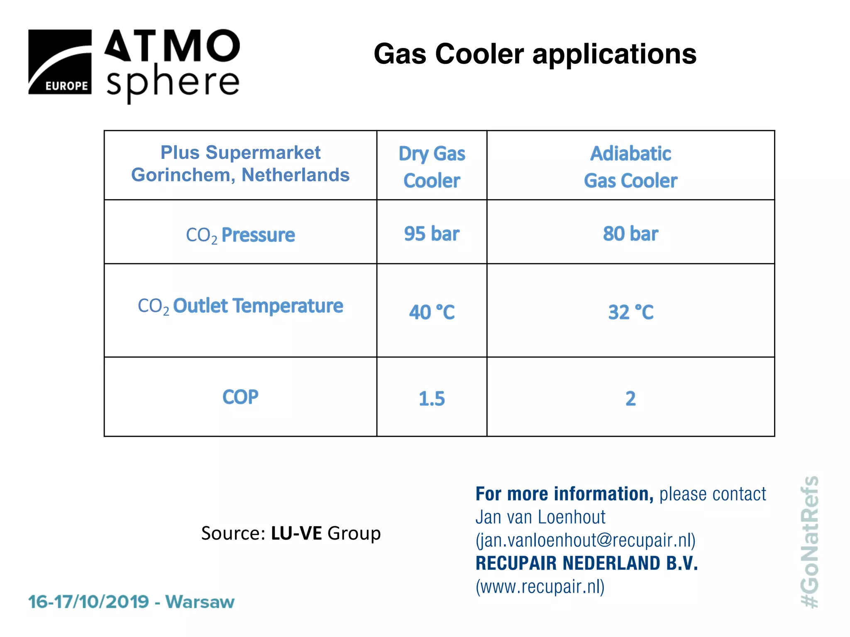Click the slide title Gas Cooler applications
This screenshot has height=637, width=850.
coord(535,54)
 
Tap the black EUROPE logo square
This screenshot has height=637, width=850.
coord(60,62)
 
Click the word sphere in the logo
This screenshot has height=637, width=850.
coord(173,82)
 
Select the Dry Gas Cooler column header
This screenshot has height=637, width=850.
coord(432,167)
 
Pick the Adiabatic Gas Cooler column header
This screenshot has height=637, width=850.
coord(630,167)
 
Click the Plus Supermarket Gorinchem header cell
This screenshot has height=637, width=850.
coord(240,164)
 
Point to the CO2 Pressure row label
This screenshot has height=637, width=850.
coord(240,235)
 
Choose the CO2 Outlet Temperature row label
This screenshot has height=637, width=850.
coord(240,306)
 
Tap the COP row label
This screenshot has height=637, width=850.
coord(240,397)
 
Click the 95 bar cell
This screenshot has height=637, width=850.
coord(432,233)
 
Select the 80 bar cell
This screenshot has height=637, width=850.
coord(630,233)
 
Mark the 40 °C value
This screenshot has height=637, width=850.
coord(432,312)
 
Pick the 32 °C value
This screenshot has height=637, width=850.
coord(630,312)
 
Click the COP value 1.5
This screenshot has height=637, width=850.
coord(432,399)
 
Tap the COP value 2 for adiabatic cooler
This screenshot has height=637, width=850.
coord(630,399)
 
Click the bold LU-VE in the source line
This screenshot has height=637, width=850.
coord(296,533)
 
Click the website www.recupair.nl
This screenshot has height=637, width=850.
coord(540,586)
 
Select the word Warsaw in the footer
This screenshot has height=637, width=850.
coord(200,602)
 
